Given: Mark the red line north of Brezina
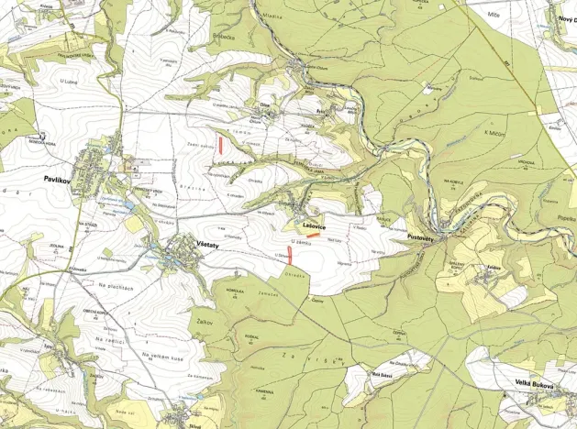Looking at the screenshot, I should click(221, 143).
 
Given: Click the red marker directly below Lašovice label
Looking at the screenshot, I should click(313, 235).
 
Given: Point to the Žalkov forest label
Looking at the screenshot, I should click(206, 313).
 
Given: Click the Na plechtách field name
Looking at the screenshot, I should click(116, 288).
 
